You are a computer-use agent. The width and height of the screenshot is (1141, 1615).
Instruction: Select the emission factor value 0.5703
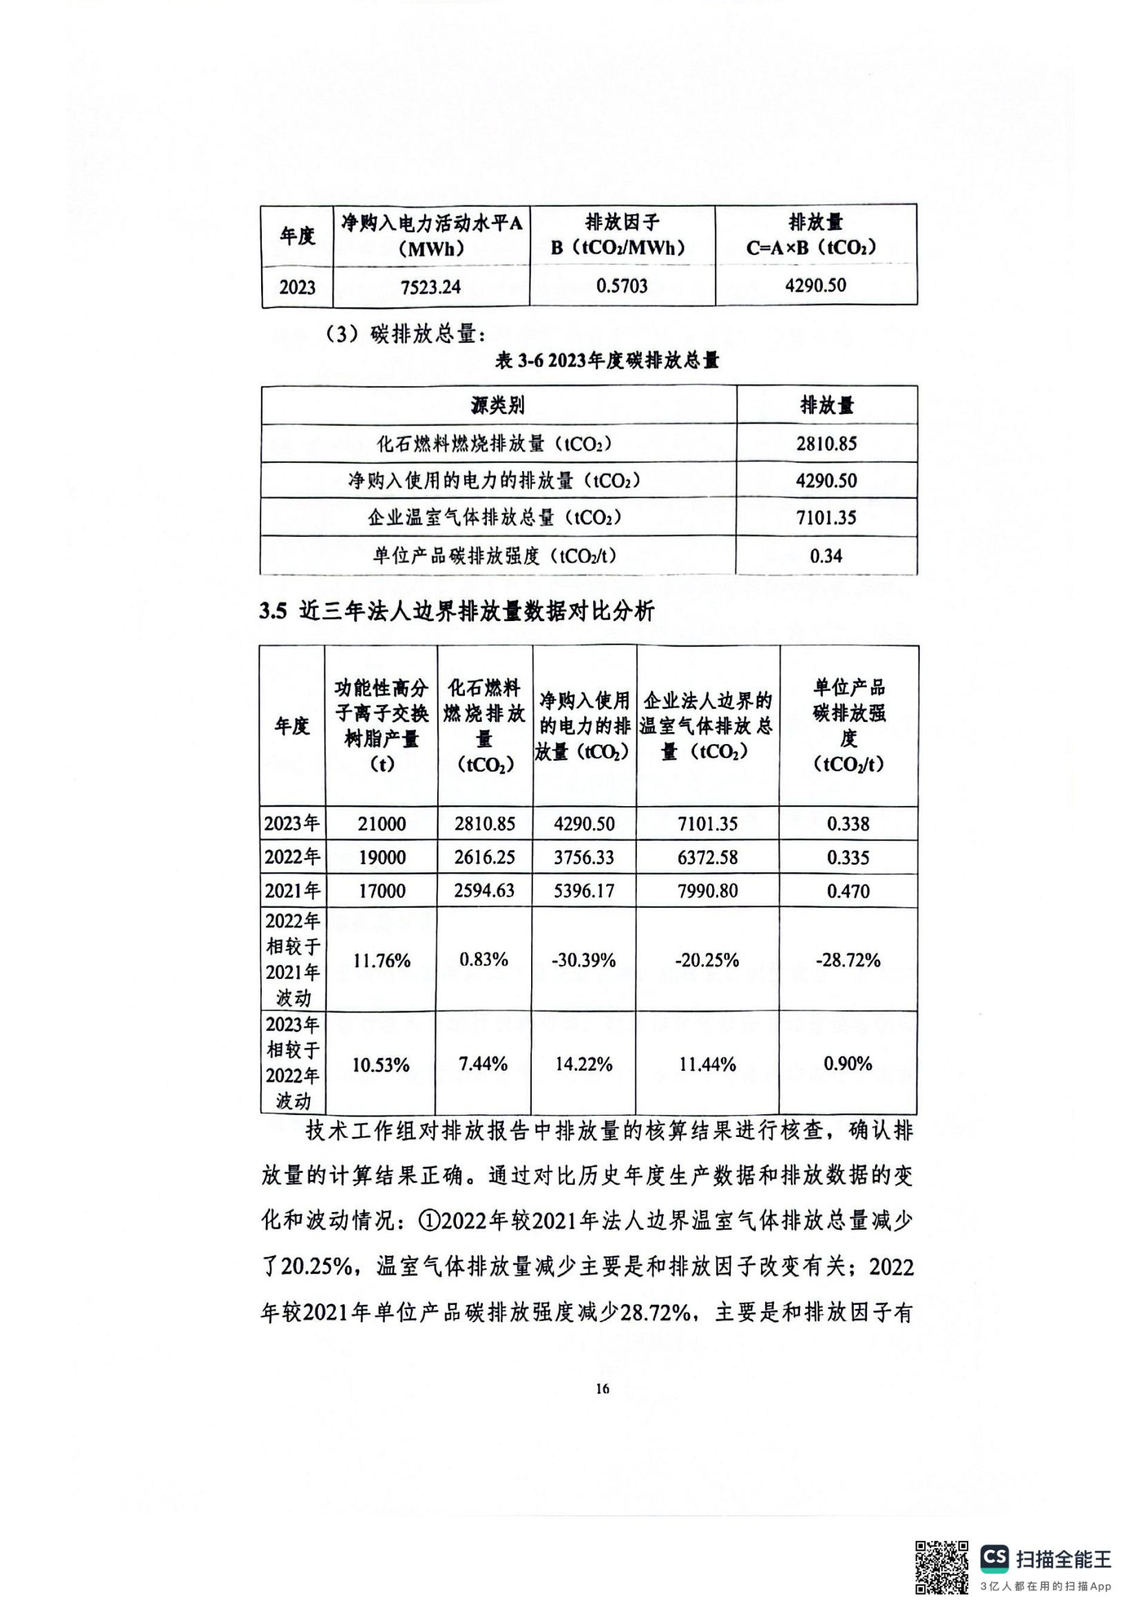(622, 285)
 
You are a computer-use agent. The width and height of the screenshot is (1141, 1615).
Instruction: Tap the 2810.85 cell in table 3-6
(827, 444)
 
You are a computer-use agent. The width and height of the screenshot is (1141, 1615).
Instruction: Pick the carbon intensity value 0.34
(826, 556)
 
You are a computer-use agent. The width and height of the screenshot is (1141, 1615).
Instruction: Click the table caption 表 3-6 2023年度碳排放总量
(607, 361)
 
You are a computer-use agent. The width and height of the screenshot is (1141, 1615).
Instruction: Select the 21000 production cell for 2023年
(381, 823)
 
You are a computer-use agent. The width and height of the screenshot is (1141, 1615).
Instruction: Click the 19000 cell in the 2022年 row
(381, 857)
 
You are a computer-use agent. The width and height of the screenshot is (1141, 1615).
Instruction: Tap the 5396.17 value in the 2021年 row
(584, 891)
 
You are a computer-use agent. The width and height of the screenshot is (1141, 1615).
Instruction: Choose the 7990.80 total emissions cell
(708, 891)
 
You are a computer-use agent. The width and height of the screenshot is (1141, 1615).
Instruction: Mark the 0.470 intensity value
(848, 892)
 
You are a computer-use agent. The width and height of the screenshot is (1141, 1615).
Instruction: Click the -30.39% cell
(584, 960)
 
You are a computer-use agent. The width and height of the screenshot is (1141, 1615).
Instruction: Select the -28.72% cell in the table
(848, 960)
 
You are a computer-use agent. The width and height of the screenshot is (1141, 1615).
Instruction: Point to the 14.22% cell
(584, 1064)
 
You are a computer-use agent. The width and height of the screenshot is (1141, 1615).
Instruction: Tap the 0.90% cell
(848, 1064)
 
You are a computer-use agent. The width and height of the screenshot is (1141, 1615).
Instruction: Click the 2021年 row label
(293, 891)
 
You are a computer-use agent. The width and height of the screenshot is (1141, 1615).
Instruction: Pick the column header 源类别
(498, 406)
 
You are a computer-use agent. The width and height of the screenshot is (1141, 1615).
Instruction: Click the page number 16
(603, 1388)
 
